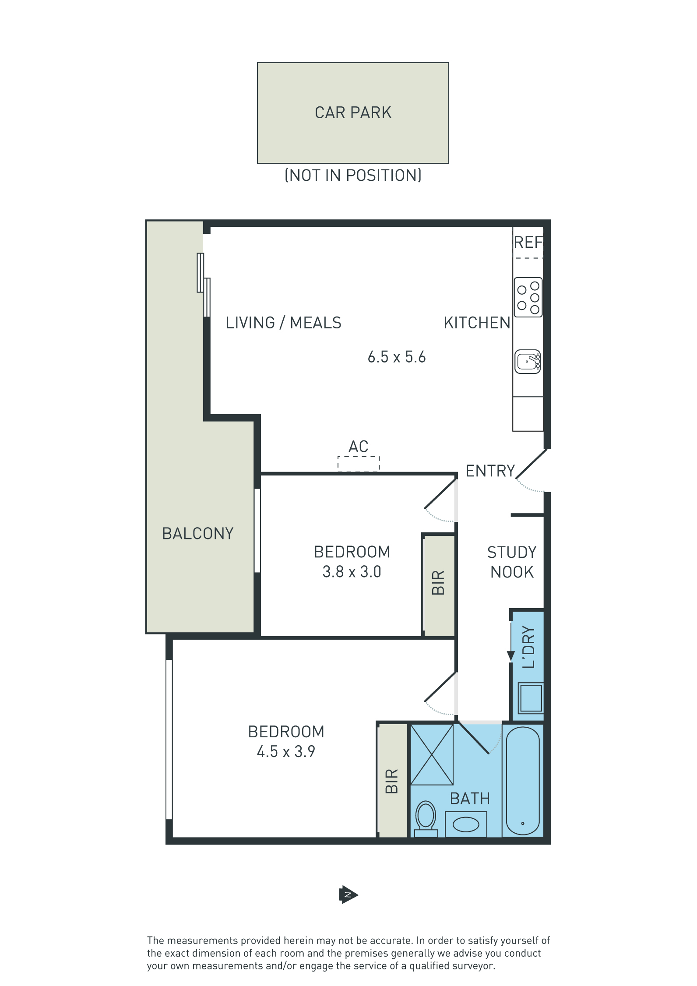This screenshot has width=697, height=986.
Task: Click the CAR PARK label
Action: point(353,113)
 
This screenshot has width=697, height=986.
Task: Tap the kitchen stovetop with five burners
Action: point(528,297)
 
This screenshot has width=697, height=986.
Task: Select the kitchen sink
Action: point(528,361)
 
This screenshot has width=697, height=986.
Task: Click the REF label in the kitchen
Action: point(528,242)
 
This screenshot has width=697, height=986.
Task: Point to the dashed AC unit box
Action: point(359,464)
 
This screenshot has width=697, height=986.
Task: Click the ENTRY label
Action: point(490,471)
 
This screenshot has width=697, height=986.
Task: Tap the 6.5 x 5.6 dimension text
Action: point(397,357)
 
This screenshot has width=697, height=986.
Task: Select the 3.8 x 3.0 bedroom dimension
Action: point(352,572)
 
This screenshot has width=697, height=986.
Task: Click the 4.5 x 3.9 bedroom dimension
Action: point(286,752)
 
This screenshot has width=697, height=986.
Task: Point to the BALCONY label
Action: point(198,533)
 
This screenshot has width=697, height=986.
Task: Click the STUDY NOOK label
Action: point(512,562)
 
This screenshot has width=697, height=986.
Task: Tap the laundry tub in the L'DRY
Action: point(531,698)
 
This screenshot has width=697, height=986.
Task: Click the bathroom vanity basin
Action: point(466,824)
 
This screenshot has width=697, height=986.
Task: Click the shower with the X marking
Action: point(432,755)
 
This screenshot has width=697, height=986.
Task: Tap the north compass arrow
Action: point(348,895)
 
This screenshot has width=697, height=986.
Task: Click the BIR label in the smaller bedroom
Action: point(438,582)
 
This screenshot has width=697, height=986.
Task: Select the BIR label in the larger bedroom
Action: point(392,781)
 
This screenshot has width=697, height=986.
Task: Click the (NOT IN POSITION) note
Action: point(353,176)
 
